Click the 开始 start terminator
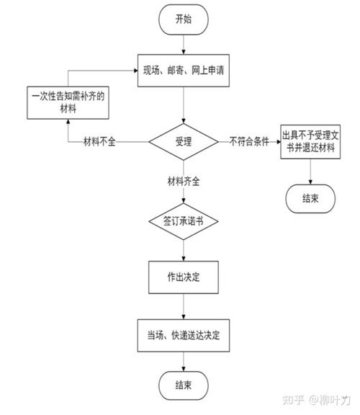click(184, 19)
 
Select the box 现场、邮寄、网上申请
click(184, 71)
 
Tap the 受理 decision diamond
click(184, 140)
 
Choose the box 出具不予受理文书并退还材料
click(311, 141)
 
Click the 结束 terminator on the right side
click(311, 198)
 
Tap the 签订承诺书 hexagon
click(184, 220)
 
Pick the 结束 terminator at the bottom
click(184, 384)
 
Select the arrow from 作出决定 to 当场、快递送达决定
click(184, 305)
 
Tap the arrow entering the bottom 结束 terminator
click(184, 360)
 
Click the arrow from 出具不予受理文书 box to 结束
click(311, 171)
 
